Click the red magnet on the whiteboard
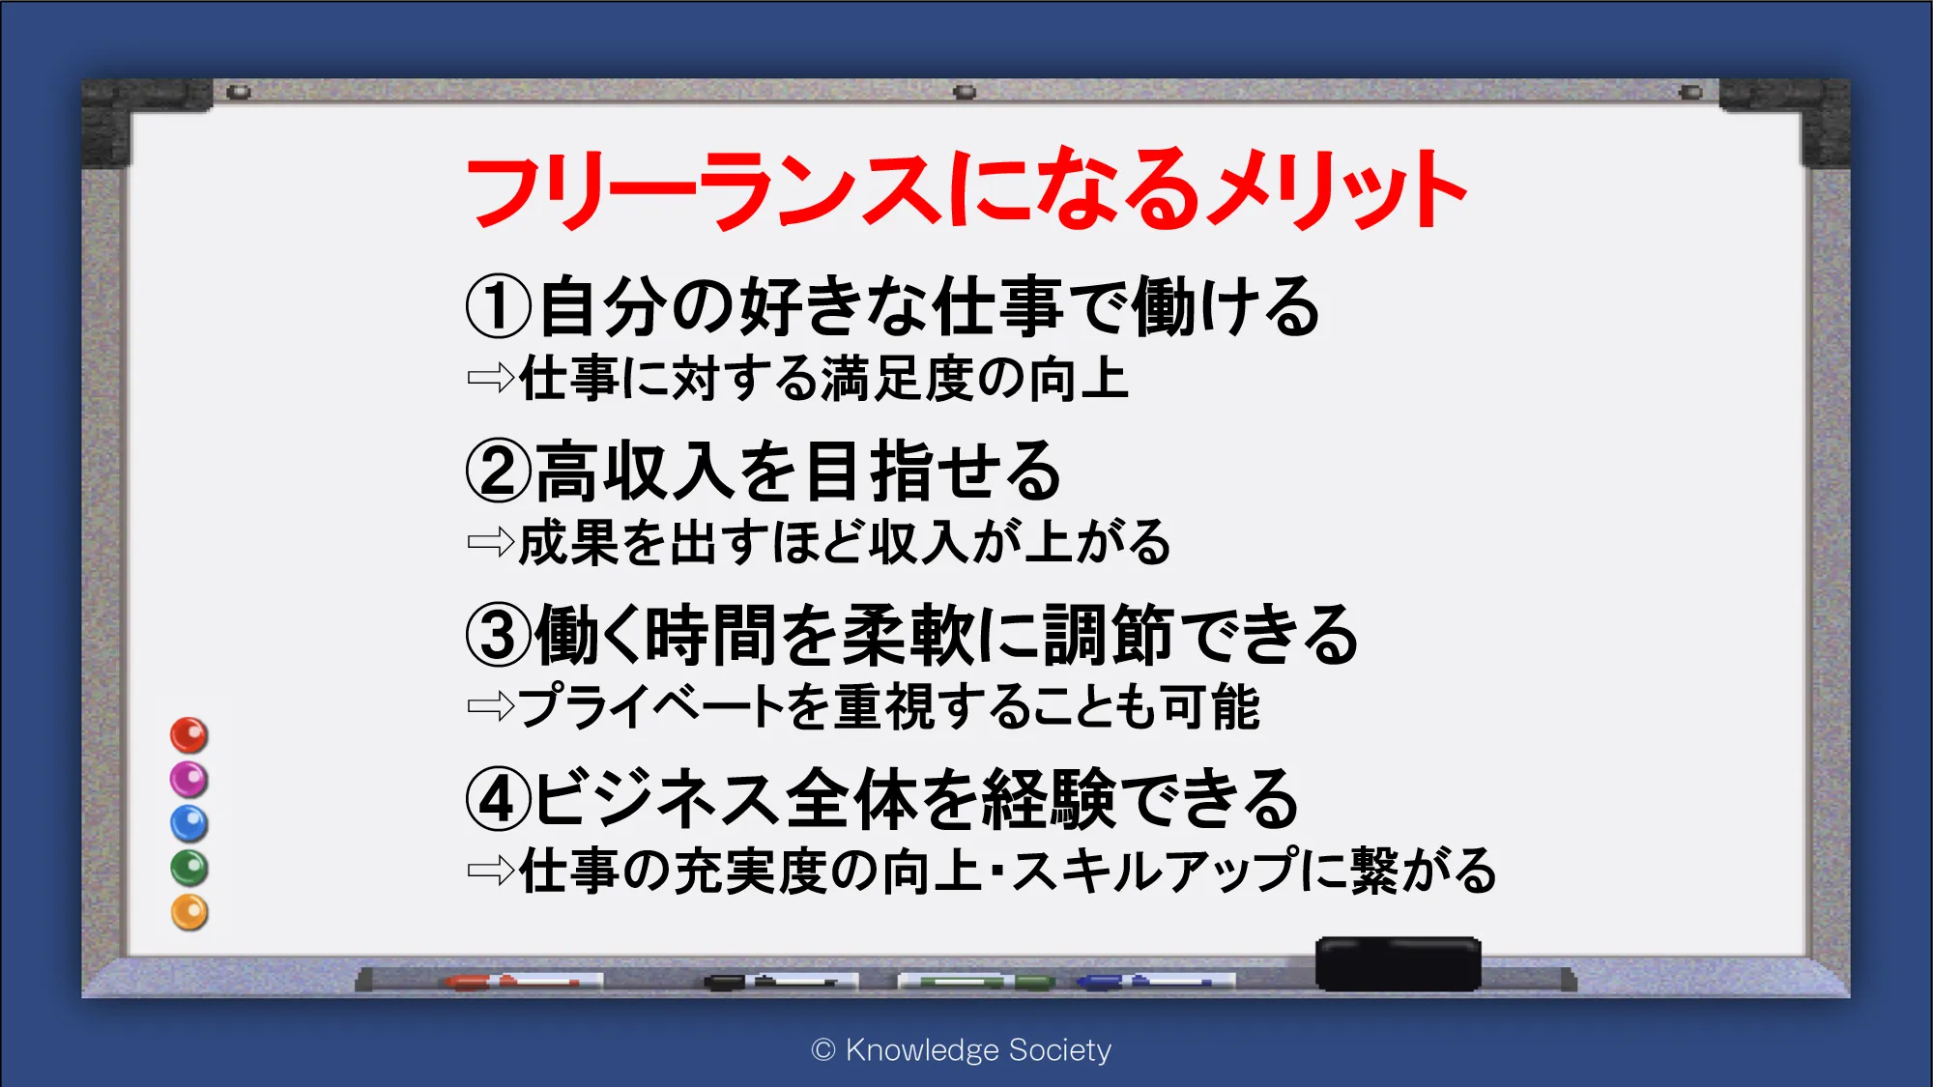click(x=189, y=735)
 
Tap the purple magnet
click(x=189, y=780)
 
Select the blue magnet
click(x=189, y=824)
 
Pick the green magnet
click(x=189, y=869)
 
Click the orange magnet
click(x=189, y=913)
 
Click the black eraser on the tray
click(x=1399, y=963)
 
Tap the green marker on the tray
click(x=976, y=982)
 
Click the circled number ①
click(x=499, y=306)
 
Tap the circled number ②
click(x=499, y=471)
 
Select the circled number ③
click(x=499, y=635)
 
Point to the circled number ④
click(x=499, y=799)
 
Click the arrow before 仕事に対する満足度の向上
click(x=491, y=378)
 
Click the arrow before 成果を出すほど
click(x=491, y=542)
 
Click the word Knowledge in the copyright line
click(x=909, y=1049)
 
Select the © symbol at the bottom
click(x=823, y=1050)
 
